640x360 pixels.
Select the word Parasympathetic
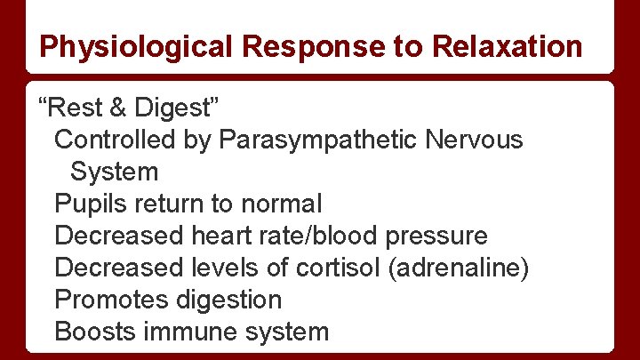click(x=318, y=140)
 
